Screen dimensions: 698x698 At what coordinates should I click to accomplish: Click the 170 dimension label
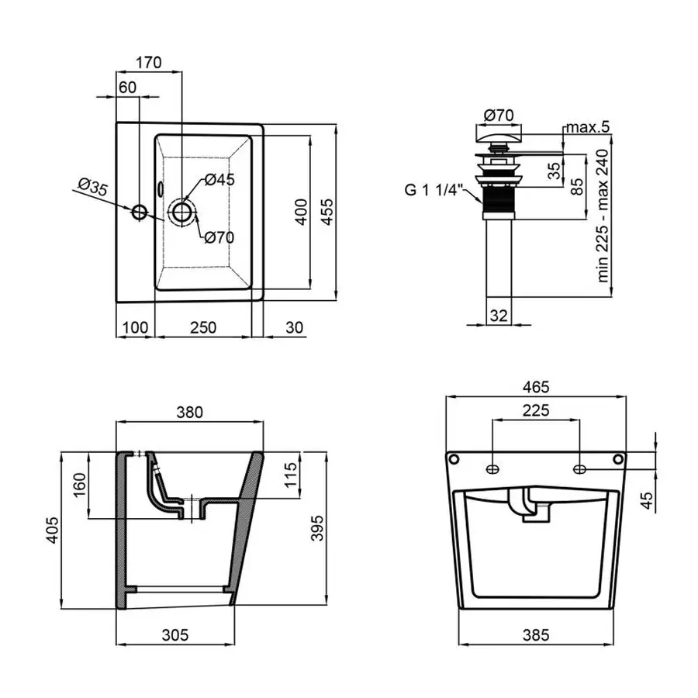149,62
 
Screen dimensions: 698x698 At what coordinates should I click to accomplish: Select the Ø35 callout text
92,186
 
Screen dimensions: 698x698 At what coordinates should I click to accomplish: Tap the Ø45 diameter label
219,180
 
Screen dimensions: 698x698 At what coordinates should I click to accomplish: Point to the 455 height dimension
327,212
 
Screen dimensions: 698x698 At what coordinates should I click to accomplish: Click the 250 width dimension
203,327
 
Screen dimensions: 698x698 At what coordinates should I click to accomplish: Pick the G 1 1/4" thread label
434,190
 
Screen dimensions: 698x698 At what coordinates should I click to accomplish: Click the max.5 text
588,127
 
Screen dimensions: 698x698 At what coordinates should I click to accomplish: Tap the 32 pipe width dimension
499,316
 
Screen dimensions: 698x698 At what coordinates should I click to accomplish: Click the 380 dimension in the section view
190,413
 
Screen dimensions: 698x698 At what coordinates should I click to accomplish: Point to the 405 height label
53,530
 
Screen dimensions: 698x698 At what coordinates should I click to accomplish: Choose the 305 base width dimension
175,634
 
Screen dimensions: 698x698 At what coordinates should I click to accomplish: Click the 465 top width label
536,387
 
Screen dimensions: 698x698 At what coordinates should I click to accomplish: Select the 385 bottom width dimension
536,634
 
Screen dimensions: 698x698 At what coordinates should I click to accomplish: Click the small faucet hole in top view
140,212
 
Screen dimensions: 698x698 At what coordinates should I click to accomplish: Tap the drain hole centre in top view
181,212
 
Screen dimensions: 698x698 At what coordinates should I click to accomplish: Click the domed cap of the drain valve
498,133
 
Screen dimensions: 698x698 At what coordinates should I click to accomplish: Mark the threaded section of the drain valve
498,200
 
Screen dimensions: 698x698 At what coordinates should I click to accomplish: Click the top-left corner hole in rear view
454,458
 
